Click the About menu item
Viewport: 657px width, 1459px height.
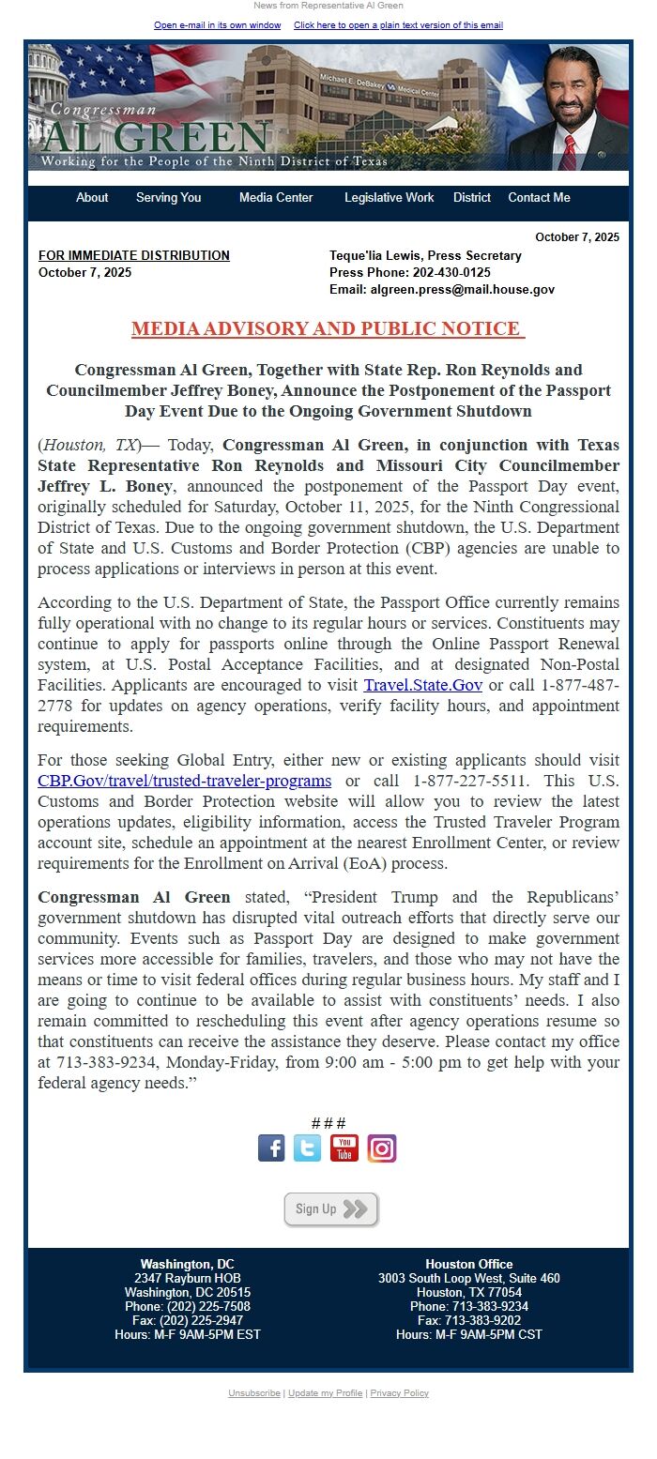click(x=92, y=198)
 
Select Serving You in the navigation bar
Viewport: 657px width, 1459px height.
click(x=168, y=198)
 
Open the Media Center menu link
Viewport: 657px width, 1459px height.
click(x=276, y=198)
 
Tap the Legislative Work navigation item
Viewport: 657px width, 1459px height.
click(x=389, y=198)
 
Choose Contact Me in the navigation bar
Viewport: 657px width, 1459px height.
click(x=539, y=198)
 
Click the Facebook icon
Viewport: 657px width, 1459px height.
click(x=271, y=1148)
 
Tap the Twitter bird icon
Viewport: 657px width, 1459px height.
click(x=307, y=1148)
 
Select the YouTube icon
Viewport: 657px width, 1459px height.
click(x=344, y=1148)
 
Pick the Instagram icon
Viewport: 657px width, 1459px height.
click(x=382, y=1148)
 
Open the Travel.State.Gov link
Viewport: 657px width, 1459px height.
click(x=422, y=685)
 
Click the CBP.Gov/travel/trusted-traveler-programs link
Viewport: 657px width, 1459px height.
click(x=184, y=781)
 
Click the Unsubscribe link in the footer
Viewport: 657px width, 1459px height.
click(x=255, y=1393)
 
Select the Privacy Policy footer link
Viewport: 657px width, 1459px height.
click(x=399, y=1393)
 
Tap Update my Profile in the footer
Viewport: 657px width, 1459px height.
click(x=325, y=1393)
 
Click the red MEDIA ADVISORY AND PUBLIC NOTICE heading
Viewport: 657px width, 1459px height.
click(x=328, y=328)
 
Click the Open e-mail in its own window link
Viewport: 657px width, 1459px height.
click(x=217, y=25)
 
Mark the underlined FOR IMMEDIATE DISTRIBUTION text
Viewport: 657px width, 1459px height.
click(x=133, y=256)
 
